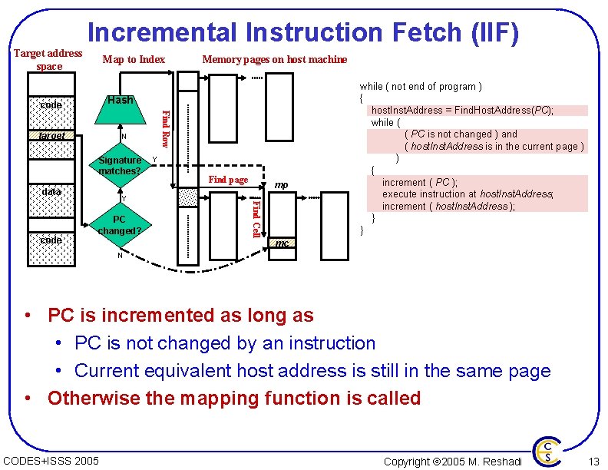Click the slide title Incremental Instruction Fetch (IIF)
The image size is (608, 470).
click(x=303, y=32)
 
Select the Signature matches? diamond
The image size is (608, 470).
click(x=121, y=165)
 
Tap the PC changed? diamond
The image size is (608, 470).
click(x=120, y=225)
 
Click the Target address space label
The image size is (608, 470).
click(x=49, y=59)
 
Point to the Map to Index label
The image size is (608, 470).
click(x=134, y=59)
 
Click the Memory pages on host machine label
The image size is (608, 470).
click(x=274, y=59)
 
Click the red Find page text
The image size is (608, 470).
click(x=228, y=180)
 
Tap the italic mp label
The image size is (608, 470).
click(x=281, y=184)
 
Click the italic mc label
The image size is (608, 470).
click(x=283, y=243)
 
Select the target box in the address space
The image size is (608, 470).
click(x=52, y=136)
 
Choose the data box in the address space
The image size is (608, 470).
click(x=52, y=190)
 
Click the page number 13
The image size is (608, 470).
click(x=593, y=461)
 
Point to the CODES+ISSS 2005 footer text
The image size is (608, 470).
click(x=51, y=461)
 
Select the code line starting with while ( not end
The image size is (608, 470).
click(x=421, y=87)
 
